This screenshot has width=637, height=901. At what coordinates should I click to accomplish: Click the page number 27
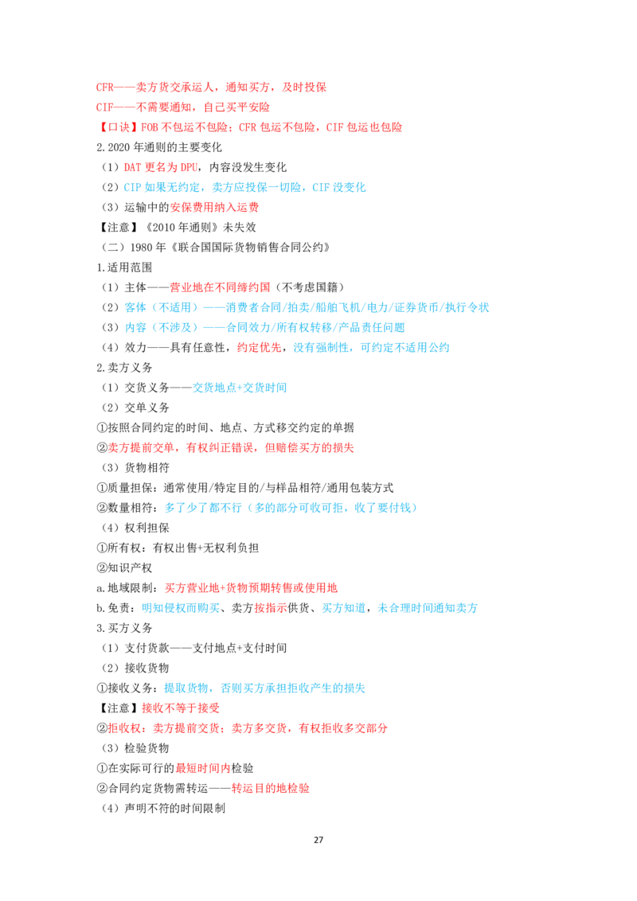click(318, 840)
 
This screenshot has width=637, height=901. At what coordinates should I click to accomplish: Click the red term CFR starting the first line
click(104, 88)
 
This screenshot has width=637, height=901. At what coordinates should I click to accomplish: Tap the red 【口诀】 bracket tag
click(117, 127)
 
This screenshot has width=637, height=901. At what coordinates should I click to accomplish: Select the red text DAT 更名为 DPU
click(160, 167)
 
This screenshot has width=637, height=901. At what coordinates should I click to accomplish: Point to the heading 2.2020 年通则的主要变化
click(158, 147)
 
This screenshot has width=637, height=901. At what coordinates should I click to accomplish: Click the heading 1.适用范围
click(124, 267)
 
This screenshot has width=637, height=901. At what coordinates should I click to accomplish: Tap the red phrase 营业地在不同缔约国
click(220, 287)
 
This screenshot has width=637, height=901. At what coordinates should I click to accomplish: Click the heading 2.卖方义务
click(124, 367)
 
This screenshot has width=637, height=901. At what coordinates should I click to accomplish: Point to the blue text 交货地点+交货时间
click(239, 388)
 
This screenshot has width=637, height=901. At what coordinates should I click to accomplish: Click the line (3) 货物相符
click(135, 468)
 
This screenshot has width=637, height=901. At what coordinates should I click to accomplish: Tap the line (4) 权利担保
click(135, 528)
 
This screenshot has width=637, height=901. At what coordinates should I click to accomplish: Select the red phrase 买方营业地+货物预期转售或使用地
click(252, 588)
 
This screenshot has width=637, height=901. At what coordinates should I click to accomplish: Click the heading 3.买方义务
click(124, 628)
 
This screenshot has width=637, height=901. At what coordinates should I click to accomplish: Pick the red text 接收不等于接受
click(181, 708)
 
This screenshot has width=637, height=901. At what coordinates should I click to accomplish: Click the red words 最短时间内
click(203, 768)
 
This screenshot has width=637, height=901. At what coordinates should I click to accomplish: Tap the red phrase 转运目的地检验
click(270, 788)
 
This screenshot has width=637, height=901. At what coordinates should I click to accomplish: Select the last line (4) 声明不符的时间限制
click(163, 808)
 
